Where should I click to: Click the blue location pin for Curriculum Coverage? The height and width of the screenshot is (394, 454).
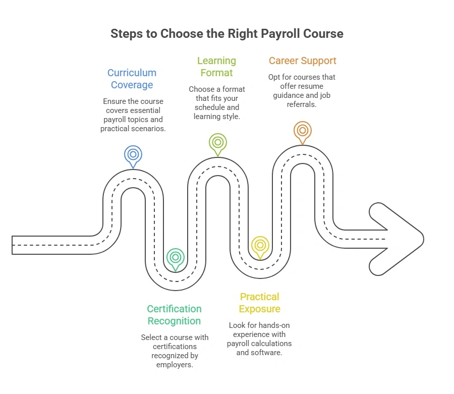(133, 154)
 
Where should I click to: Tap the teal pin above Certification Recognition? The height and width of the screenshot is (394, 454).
(175, 257)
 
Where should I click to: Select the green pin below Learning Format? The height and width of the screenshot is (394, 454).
(217, 142)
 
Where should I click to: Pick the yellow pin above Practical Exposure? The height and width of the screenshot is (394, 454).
(260, 246)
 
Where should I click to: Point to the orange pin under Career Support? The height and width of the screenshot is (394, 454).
(302, 130)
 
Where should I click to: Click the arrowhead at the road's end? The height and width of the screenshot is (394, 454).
(399, 239)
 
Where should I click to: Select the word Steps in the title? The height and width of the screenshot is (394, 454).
(126, 34)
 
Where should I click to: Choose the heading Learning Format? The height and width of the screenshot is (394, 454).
(217, 67)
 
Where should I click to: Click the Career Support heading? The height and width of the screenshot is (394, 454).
(302, 61)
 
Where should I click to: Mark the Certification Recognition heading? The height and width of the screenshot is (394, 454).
(174, 315)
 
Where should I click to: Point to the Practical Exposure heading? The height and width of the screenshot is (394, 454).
(260, 303)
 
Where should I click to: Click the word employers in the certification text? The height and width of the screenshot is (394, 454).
(174, 365)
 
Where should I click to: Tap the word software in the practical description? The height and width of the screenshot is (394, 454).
(266, 353)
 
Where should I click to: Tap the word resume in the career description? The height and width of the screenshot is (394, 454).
(312, 86)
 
